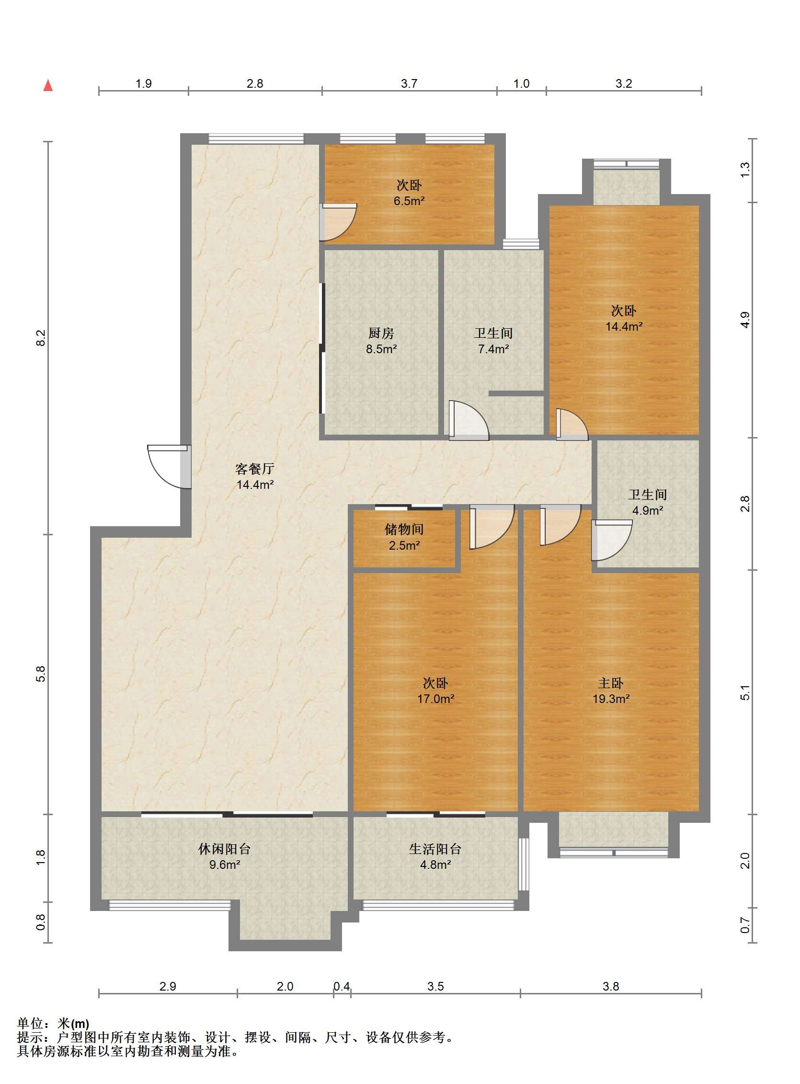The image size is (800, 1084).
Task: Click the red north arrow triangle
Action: [48, 85]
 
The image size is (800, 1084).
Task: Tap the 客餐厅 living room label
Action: [255, 468]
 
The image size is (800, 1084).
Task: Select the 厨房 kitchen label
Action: [381, 333]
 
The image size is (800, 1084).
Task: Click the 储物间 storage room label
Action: [404, 530]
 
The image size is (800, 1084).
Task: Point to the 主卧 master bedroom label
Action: [610, 683]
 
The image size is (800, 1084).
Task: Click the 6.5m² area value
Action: [409, 200]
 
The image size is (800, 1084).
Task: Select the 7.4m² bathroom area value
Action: [493, 348]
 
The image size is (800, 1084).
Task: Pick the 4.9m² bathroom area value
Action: [647, 510]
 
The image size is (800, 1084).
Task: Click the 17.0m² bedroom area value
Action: [435, 698]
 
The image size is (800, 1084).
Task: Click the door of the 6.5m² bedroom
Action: [339, 222]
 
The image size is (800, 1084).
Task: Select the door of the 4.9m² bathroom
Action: [612, 540]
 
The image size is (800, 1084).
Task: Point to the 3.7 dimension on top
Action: [409, 84]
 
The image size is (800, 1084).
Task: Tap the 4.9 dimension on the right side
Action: [745, 320]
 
